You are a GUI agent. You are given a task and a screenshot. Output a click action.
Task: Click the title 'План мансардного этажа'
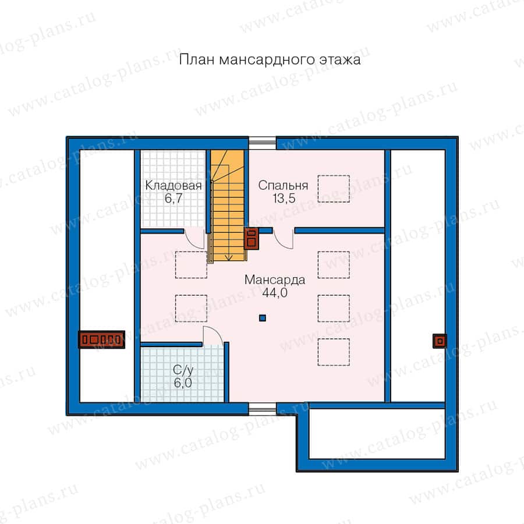(270, 60)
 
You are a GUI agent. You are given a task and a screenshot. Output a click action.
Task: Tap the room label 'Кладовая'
(174, 186)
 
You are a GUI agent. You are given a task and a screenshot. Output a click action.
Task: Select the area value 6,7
(174, 198)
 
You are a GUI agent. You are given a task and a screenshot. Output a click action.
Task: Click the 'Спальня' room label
(283, 186)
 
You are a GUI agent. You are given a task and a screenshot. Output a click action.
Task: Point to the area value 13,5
(284, 198)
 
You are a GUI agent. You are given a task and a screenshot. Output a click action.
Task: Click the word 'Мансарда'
(275, 279)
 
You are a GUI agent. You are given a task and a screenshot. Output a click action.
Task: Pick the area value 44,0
(275, 293)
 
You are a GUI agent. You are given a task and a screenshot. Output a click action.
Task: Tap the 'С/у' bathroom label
(183, 370)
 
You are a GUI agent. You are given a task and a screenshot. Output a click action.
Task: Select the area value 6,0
(183, 383)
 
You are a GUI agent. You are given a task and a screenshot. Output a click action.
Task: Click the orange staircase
(228, 206)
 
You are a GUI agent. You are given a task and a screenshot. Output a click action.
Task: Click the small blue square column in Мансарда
(263, 318)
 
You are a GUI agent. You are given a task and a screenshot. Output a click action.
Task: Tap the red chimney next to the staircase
(252, 239)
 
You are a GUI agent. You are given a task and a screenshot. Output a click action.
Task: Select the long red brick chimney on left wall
(101, 340)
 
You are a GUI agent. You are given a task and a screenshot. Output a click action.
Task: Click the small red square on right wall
(440, 341)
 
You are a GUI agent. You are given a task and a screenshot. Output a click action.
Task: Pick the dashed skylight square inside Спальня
(334, 189)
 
